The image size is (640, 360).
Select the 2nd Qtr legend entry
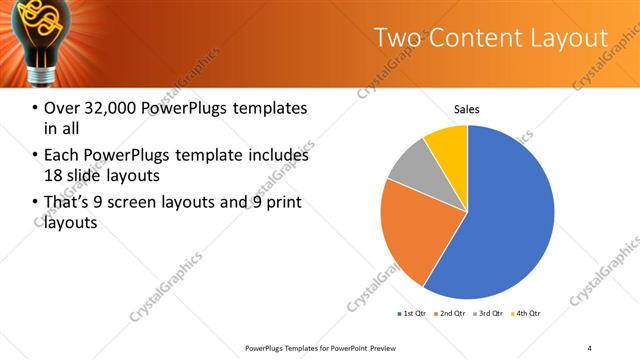pyautogui.click(x=448, y=314)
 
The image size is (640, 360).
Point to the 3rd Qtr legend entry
pyautogui.click(x=486, y=314)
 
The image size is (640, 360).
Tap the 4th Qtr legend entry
pyautogui.click(x=525, y=314)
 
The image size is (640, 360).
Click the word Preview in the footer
pyautogui.click(x=386, y=347)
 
